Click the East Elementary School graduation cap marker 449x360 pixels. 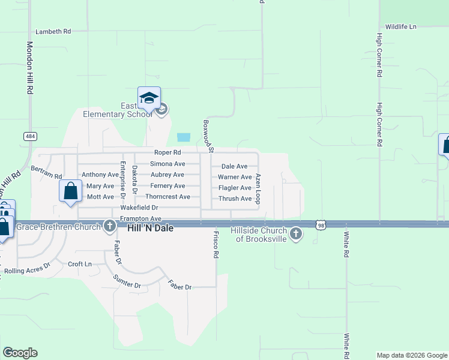click(149, 98)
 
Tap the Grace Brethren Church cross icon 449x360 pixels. click(109, 226)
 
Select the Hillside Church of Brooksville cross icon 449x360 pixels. click(295, 233)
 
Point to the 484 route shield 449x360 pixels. click(30, 137)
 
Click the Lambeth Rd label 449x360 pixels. click(53, 31)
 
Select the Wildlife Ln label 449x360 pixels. click(401, 27)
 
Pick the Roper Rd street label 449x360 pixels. click(167, 153)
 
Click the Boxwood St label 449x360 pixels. click(208, 133)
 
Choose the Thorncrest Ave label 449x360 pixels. click(168, 197)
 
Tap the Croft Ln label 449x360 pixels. click(80, 264)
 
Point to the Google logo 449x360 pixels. click(20, 353)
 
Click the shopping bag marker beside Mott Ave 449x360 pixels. click(71, 191)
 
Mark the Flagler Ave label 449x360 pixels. click(235, 188)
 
